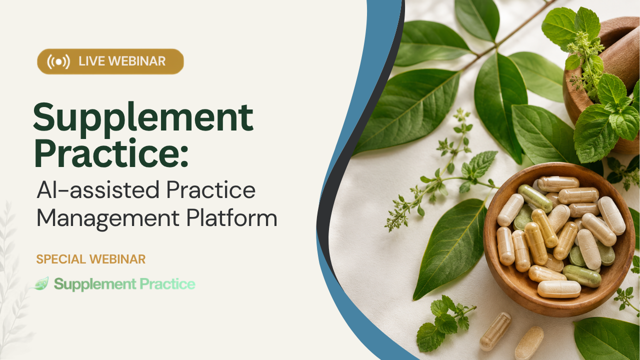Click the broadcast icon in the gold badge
[x=58, y=61]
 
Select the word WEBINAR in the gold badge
[x=137, y=61]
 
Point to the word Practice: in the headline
[x=111, y=153]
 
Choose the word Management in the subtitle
[x=108, y=219]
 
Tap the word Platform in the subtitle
[x=231, y=217]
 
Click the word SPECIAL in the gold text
[x=61, y=259]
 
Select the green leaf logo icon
[x=40, y=283]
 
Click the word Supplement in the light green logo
[x=95, y=284]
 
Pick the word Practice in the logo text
[x=167, y=283]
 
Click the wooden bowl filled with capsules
[x=555, y=239]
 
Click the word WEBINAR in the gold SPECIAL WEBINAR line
[x=117, y=259]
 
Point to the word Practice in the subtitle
[x=211, y=189]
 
